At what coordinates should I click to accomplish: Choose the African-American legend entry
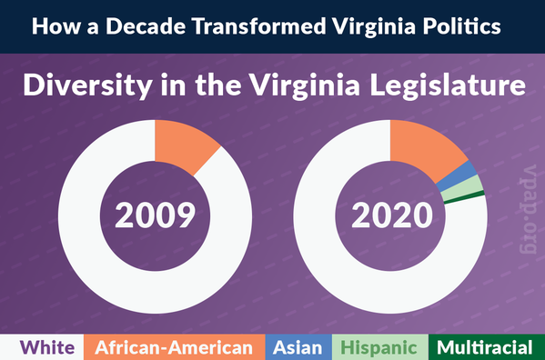[x=174, y=347]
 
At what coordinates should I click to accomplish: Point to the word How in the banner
[x=50, y=27]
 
